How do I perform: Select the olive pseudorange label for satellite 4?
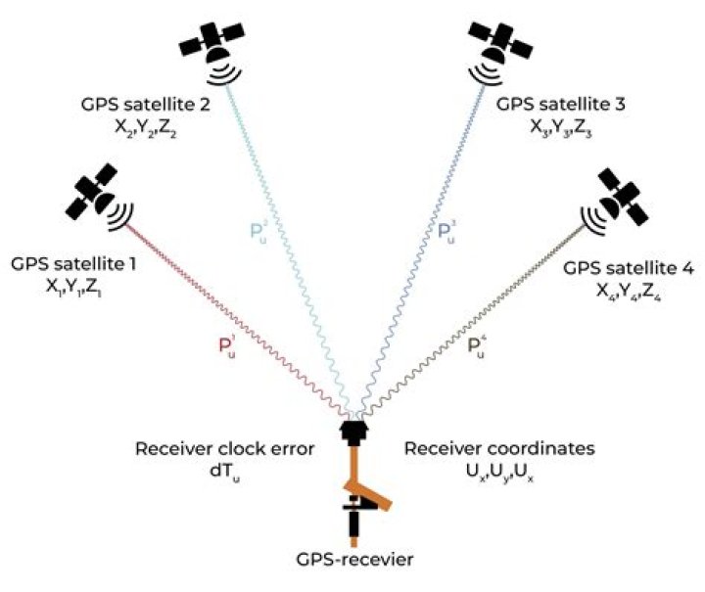(478, 345)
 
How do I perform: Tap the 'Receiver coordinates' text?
(499, 450)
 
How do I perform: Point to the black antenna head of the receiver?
(353, 432)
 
